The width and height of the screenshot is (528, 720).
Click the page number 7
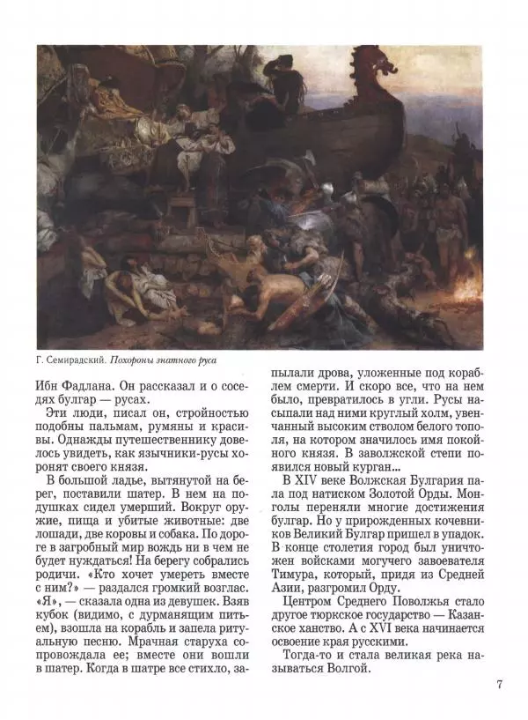pyautogui.click(x=498, y=684)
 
